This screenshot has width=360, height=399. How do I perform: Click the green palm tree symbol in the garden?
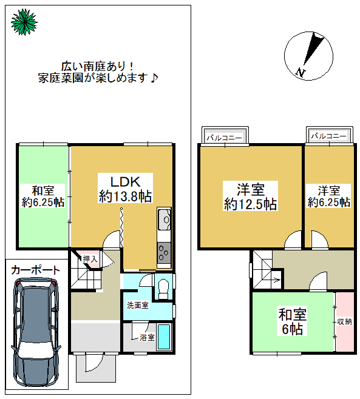[24, 22]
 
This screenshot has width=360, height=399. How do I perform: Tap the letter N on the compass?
[301, 73]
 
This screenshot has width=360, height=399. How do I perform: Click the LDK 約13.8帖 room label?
[125, 189]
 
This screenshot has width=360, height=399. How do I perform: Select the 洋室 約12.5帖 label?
[251, 196]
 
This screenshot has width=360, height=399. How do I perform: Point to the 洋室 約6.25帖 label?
[328, 196]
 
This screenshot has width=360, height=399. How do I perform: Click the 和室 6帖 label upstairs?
[292, 321]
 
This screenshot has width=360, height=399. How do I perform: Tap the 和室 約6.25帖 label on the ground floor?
[43, 196]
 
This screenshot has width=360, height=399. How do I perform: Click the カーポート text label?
[35, 270]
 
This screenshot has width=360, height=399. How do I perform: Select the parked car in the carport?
[36, 332]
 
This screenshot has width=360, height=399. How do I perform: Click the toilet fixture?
[163, 289]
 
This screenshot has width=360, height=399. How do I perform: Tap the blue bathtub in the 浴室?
[163, 337]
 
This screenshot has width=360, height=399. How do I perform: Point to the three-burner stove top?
[164, 253]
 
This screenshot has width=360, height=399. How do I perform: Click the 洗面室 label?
[138, 305]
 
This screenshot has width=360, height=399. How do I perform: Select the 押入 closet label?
[90, 259]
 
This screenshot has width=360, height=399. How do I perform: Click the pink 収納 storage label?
[344, 321]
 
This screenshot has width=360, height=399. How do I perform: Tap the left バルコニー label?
[224, 138]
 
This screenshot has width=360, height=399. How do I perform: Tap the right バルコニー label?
[328, 136]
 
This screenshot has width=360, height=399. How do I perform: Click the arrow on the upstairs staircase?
[276, 280]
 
